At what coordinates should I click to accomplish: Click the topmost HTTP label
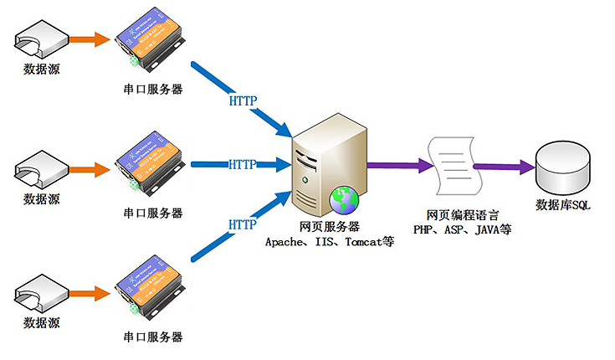coord(243,101)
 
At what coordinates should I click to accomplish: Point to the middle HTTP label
coord(243,164)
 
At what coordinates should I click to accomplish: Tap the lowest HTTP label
coord(243,224)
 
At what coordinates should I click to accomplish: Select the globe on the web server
coord(344,198)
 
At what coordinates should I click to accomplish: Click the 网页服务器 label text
coord(330,227)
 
